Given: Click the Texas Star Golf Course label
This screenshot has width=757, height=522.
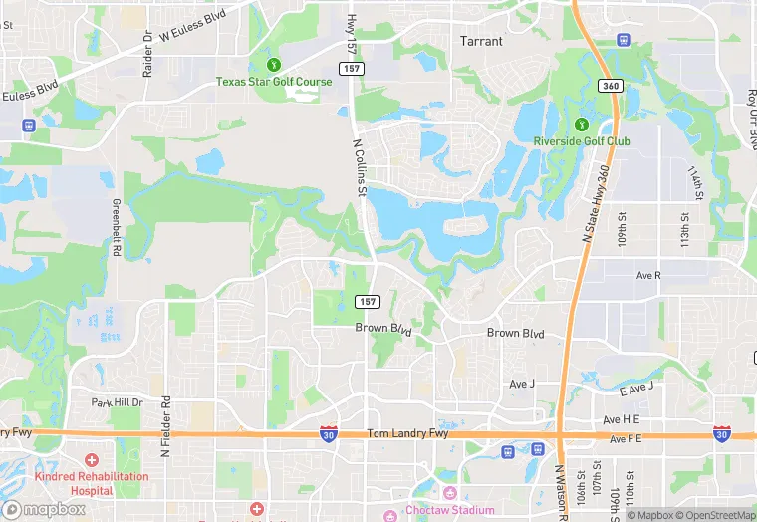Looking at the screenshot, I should pyautogui.click(x=274, y=82).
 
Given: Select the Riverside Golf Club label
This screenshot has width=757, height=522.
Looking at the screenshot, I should pyautogui.click(x=582, y=141).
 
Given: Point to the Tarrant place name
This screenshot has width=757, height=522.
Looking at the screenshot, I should pyautogui.click(x=481, y=42).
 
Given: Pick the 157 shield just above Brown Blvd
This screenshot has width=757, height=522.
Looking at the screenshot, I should pyautogui.click(x=368, y=301).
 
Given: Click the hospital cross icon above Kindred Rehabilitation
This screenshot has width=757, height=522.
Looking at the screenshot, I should pyautogui.click(x=92, y=460).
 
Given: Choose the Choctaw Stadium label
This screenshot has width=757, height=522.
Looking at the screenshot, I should pyautogui.click(x=449, y=510).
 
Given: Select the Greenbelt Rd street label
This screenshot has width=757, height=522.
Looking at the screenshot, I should pyautogui.click(x=117, y=230).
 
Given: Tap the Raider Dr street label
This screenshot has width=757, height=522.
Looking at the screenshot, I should pyautogui.click(x=148, y=54).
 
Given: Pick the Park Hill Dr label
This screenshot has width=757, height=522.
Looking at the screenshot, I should pyautogui.click(x=118, y=402).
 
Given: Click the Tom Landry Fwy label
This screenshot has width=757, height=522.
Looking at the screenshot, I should pyautogui.click(x=407, y=433).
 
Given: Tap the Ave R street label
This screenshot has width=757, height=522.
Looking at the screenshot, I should pyautogui.click(x=648, y=274).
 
